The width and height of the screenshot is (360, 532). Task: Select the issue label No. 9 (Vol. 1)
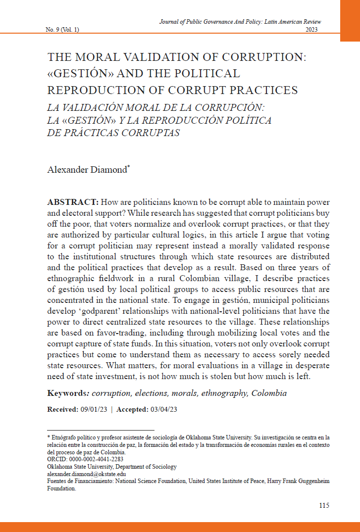pos(62,30)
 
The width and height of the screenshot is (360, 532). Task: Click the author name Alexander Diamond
pos(87,170)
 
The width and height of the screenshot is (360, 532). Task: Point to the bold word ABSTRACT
pos(72,203)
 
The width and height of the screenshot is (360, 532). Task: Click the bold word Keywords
pos(66,393)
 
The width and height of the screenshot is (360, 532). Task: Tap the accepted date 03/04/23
pos(163,409)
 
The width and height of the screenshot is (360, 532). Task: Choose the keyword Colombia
pos(269,393)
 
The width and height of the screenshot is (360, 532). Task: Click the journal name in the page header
pos(240,22)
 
